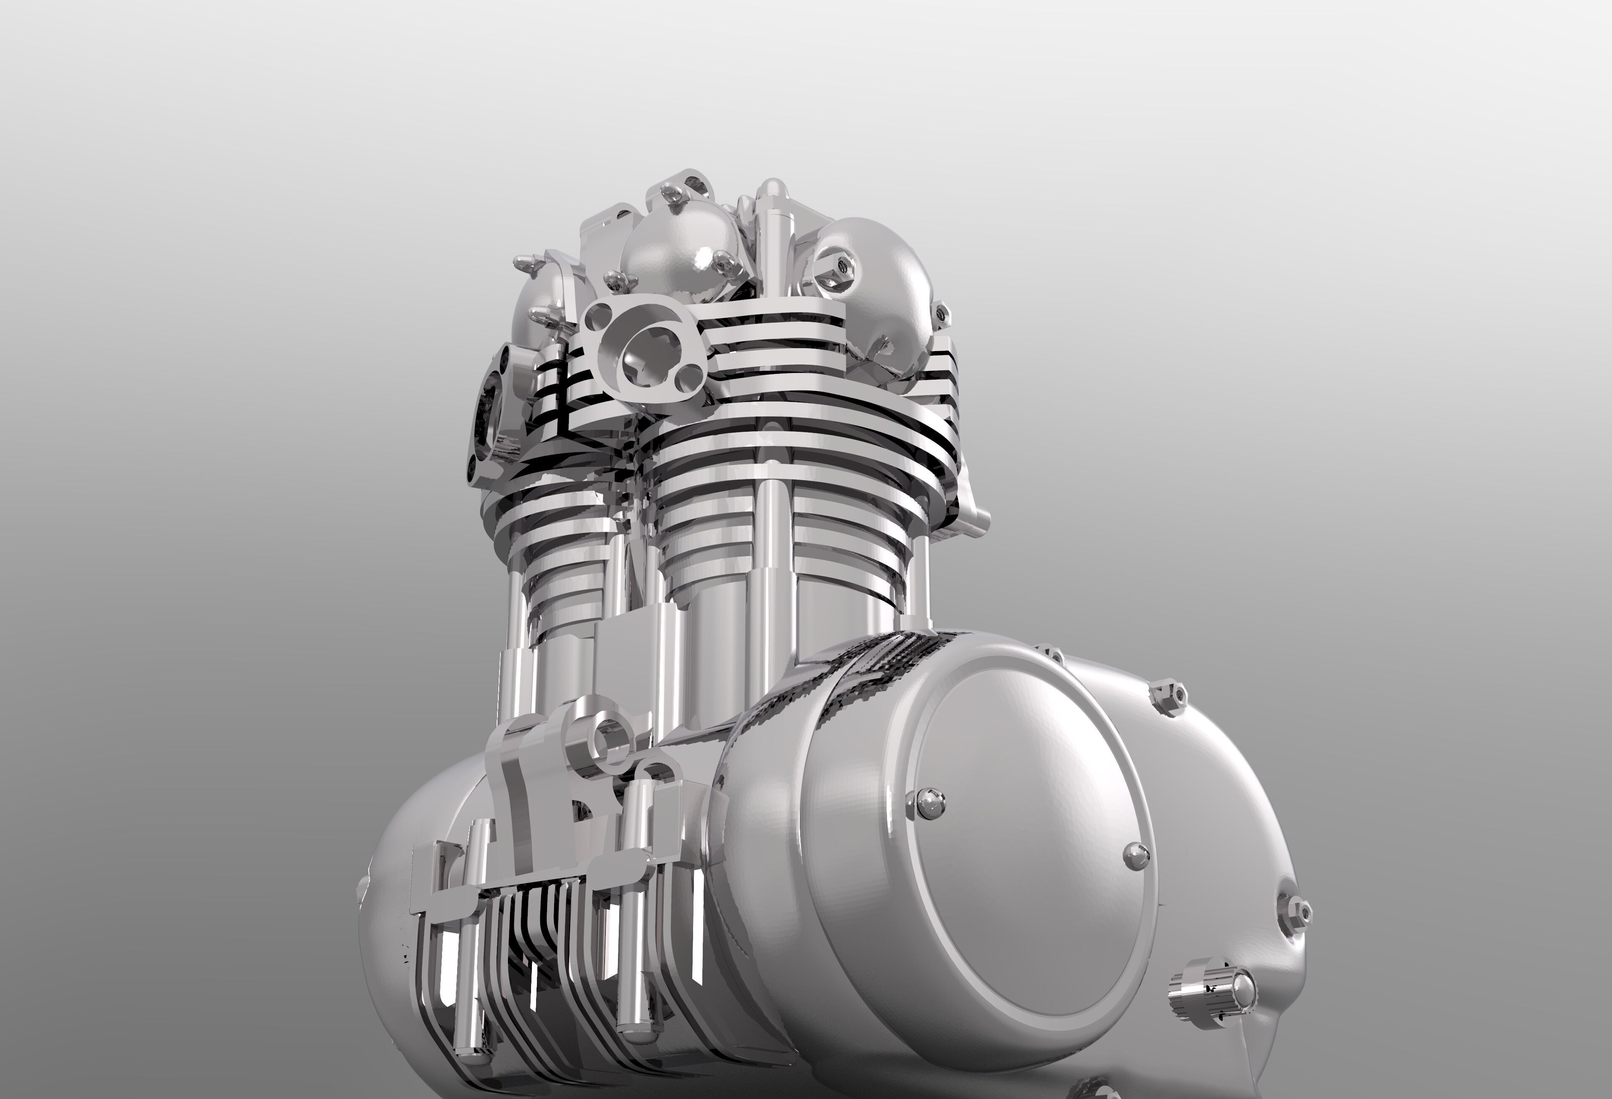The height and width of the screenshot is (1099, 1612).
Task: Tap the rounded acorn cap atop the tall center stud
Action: click(x=771, y=190)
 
